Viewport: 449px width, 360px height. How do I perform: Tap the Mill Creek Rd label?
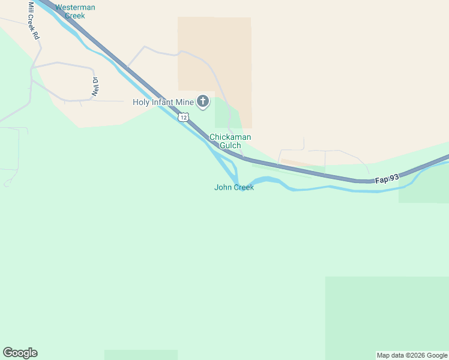34,21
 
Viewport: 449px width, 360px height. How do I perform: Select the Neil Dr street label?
95,87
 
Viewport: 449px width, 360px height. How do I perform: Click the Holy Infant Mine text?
163,102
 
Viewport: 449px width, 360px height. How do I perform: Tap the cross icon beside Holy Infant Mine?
203,101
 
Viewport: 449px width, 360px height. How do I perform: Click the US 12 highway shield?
184,117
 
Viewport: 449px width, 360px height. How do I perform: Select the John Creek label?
234,187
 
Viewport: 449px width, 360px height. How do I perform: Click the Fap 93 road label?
387,178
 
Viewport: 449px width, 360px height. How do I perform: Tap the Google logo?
20,353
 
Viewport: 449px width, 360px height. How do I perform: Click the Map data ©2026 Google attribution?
412,355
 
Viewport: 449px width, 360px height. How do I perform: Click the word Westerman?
75,7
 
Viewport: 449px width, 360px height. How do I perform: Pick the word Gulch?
230,145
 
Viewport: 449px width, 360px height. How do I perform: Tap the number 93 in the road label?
394,178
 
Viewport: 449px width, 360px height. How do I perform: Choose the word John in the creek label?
223,187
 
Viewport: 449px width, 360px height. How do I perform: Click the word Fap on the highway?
382,179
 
